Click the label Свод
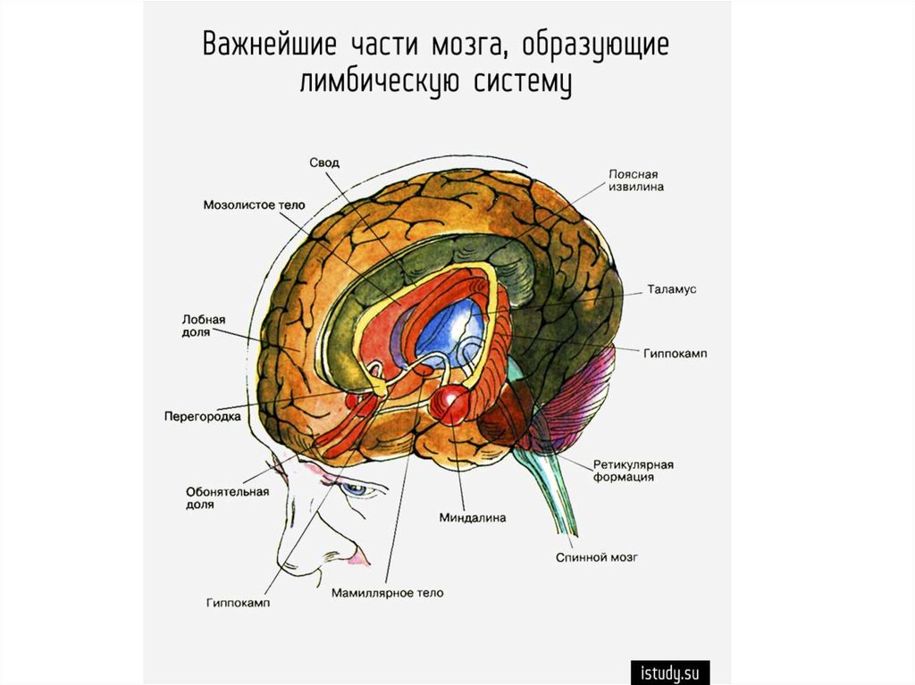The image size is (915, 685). pyautogui.click(x=324, y=162)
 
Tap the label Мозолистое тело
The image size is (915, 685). pyautogui.click(x=254, y=205)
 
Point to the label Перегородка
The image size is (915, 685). pyautogui.click(x=203, y=416)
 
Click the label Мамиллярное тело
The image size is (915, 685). pyautogui.click(x=386, y=592)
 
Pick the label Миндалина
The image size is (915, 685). pyautogui.click(x=473, y=517)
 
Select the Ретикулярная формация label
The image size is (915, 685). pyautogui.click(x=633, y=471)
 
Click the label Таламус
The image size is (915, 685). pyautogui.click(x=671, y=290)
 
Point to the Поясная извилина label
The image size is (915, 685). pyautogui.click(x=636, y=181)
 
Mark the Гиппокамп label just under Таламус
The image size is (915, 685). pyautogui.click(x=675, y=354)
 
